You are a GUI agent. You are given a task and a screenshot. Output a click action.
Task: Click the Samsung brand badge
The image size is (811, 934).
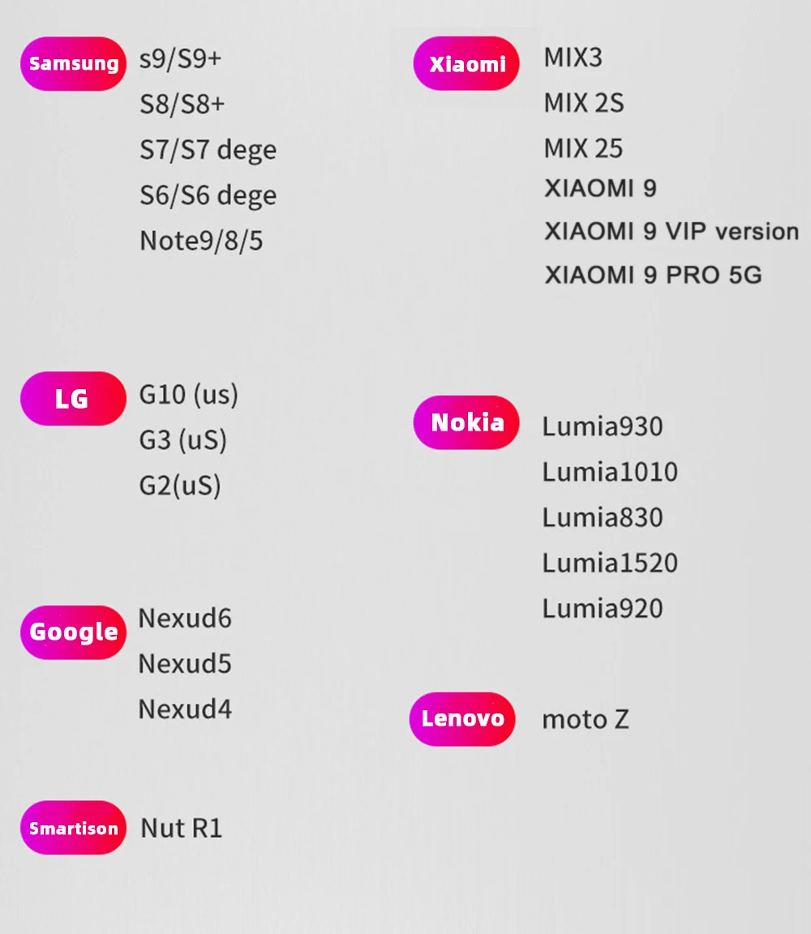73,63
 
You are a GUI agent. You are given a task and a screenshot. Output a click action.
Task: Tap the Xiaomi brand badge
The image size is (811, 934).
466,63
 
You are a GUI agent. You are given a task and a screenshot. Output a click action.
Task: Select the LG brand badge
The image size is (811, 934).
73,398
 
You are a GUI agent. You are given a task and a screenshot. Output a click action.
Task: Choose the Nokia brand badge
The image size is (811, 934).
466,422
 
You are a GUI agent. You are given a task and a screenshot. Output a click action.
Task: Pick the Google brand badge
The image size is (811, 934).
73,632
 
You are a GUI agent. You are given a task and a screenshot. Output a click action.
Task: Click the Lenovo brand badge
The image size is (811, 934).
462,718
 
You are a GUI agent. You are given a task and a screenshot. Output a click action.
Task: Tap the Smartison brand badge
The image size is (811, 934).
73,828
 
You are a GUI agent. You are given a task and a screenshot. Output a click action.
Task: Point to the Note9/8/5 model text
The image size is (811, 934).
201,241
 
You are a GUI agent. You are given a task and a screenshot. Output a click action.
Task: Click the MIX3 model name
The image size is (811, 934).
573,58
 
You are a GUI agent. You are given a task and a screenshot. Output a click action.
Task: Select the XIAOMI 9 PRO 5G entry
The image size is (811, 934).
653,275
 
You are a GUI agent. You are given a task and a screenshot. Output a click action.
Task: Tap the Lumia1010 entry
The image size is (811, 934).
610,472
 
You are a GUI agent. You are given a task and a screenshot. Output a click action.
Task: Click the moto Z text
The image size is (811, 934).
585,719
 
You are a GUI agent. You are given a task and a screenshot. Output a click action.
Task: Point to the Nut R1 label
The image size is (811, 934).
181,828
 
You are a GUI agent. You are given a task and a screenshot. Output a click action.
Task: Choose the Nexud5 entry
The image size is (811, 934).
185,664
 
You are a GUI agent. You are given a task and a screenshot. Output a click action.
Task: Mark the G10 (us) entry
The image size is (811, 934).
189,395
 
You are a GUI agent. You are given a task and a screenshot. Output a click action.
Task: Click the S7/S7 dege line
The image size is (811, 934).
208,150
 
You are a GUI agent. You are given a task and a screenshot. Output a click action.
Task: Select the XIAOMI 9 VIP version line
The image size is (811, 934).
672,231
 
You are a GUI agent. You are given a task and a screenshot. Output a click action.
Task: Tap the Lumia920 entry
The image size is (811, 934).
603,608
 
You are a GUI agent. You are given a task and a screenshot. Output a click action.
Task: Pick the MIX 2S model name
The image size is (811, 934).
584,104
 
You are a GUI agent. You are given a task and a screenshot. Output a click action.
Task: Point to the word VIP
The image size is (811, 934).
686,231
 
